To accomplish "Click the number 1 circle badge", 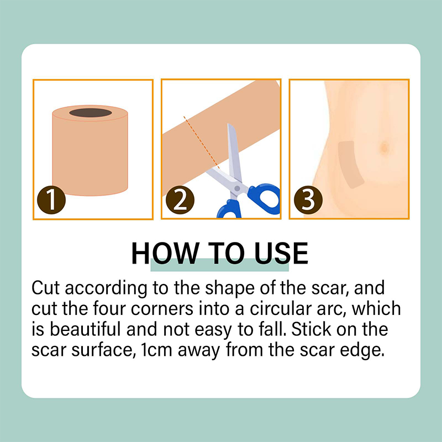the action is click(x=51, y=199).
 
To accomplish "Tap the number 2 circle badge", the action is click(x=180, y=199).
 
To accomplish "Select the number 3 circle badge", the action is click(x=308, y=199).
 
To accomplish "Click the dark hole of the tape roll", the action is click(x=91, y=113).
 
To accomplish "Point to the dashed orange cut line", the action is click(x=201, y=142).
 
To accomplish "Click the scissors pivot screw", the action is click(x=238, y=188).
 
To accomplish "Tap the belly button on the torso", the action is click(x=385, y=148).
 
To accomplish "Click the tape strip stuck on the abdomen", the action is click(x=349, y=164).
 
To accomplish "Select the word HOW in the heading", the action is click(x=165, y=253).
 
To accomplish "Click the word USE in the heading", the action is click(x=281, y=253).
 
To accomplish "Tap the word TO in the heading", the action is click(x=226, y=253).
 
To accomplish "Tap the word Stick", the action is click(x=311, y=329).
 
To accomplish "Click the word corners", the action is click(x=162, y=309).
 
